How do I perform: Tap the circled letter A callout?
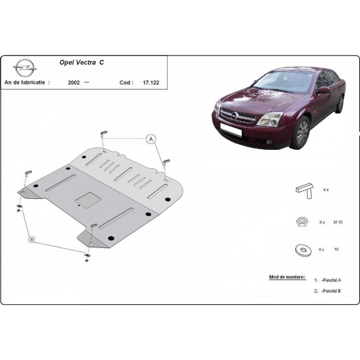151,139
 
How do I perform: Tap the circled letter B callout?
31,240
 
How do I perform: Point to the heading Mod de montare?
287,268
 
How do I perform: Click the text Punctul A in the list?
332,280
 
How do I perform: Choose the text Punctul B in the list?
332,291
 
